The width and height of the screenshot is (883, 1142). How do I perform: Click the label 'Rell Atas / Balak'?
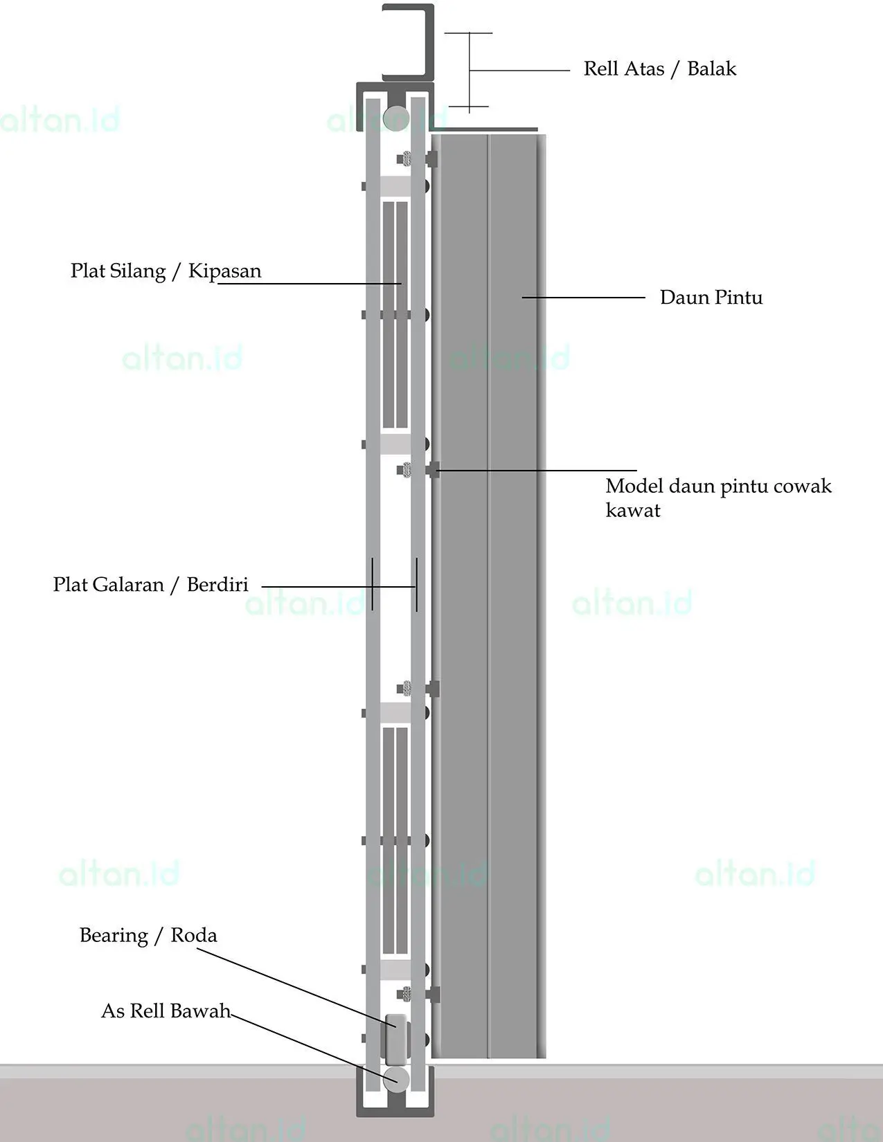pos(659,69)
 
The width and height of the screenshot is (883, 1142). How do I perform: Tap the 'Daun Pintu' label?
pos(711,298)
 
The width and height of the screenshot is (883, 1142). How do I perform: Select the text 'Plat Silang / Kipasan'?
pos(166,271)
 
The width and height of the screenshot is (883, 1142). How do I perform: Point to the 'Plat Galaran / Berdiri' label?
pos(150,585)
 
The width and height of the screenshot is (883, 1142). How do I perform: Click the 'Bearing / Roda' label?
pos(148,936)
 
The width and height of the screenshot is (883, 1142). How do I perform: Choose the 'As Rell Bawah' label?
pos(166,1011)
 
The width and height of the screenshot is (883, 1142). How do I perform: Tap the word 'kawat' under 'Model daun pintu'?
pos(633,511)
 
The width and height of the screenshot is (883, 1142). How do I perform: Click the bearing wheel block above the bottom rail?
pos(396,1040)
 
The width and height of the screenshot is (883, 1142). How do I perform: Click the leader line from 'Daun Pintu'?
pos(583,298)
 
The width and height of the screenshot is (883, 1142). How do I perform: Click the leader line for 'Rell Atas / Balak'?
pos(519,70)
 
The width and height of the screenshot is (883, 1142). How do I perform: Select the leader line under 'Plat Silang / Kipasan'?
pos(308,284)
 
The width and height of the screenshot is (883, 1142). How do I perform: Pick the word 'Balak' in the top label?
pos(711,69)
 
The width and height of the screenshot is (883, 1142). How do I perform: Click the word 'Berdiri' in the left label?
pos(217,585)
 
